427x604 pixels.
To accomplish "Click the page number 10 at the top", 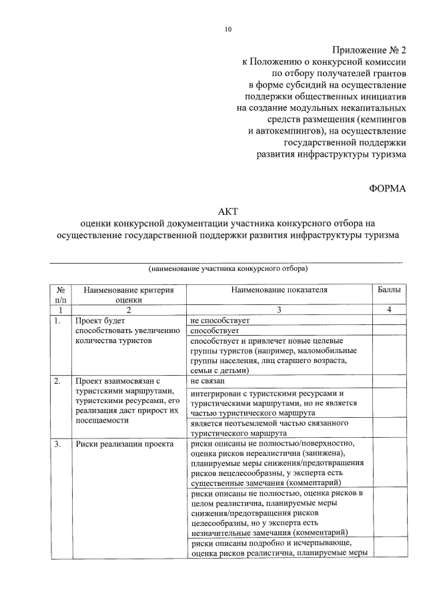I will point(228,29).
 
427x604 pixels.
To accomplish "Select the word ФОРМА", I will point(387,189).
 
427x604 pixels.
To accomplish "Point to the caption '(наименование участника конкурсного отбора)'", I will point(228,269).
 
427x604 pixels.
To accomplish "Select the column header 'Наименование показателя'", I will point(280,290).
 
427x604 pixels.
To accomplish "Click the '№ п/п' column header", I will point(61,295).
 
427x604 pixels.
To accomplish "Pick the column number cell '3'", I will point(280,310).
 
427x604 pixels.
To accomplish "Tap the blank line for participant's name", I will point(228,261).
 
